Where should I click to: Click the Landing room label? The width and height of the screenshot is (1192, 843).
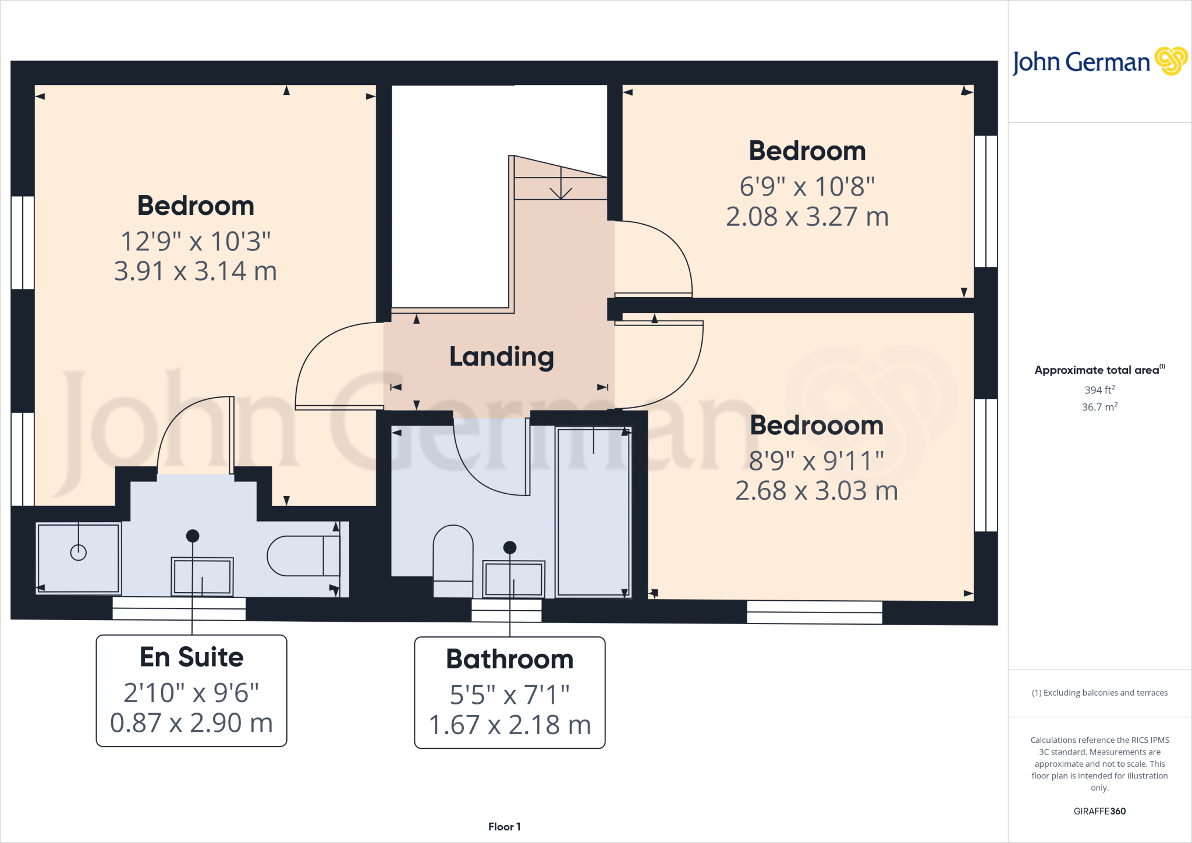(x=501, y=356)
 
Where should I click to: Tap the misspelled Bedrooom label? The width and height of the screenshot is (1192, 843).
(x=816, y=425)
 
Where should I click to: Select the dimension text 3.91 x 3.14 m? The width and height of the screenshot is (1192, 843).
(x=195, y=271)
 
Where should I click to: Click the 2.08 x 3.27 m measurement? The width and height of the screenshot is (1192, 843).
(x=807, y=217)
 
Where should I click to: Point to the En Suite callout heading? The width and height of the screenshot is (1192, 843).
(x=191, y=657)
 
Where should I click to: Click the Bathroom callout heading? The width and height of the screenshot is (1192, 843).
(x=509, y=659)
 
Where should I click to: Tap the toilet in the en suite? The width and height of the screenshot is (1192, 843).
(x=303, y=556)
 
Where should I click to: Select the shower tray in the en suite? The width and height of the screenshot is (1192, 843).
(x=79, y=557)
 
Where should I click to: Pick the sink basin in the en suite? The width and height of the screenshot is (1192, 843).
(x=202, y=576)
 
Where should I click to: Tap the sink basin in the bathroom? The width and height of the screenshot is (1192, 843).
(x=513, y=579)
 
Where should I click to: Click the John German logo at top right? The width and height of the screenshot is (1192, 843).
(x=1099, y=62)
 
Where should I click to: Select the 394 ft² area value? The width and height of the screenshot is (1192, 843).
(x=1099, y=389)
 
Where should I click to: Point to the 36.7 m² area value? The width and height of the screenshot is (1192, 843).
(x=1099, y=407)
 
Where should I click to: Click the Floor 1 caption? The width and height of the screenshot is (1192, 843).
(x=504, y=827)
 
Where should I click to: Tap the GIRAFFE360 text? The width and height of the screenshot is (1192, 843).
(x=1099, y=811)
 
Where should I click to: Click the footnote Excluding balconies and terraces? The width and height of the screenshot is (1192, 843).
(x=1099, y=693)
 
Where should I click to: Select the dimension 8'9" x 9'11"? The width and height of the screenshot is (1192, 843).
(x=816, y=461)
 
